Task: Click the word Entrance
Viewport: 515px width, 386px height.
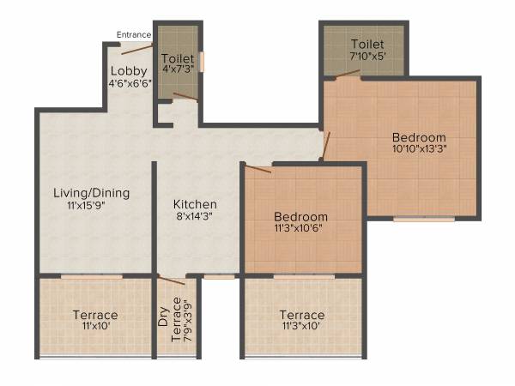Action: [135, 35]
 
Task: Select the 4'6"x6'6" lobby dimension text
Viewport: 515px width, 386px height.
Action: [130, 83]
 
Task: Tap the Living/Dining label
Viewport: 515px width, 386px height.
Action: [91, 193]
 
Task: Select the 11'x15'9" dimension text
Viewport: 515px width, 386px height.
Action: [91, 206]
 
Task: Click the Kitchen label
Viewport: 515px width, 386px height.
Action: [195, 205]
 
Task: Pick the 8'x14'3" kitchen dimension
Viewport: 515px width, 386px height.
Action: [195, 218]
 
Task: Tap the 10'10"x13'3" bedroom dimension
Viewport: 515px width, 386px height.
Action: [419, 150]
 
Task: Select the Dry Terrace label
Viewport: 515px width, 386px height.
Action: [170, 320]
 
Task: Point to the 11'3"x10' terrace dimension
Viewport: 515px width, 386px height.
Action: [301, 327]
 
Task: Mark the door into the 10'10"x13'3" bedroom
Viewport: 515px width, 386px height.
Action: [324, 146]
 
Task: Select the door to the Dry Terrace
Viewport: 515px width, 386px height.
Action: [172, 280]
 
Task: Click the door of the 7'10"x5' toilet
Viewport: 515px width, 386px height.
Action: [348, 75]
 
